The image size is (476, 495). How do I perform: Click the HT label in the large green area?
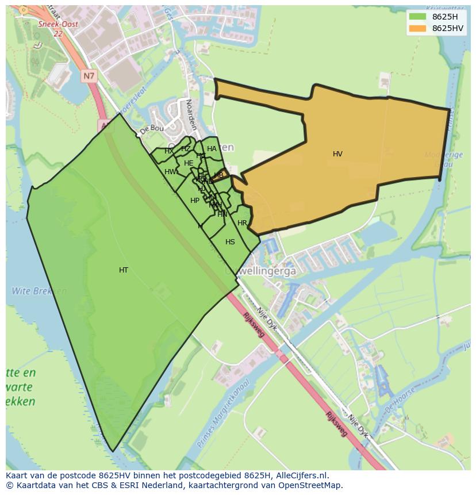pos(124,270)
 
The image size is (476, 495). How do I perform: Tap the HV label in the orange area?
pos(337,154)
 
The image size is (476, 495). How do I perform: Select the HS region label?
pos(230,242)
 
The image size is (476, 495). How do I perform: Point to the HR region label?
pos(242,223)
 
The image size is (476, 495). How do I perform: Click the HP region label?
pos(195,201)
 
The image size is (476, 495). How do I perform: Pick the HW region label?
pos(170,172)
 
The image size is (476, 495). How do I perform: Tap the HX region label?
pos(169,151)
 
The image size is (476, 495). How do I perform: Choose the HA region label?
pos(212,149)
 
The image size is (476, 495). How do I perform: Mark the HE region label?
pos(189,163)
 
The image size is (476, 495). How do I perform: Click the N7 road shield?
pos(89,76)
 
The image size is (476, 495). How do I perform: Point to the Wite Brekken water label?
pos(32,291)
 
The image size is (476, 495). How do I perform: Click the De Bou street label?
pos(152,129)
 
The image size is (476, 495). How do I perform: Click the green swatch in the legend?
pos(417,17)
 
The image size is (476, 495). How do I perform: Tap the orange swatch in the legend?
pos(417,28)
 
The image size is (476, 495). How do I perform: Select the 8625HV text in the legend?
pos(448,28)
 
